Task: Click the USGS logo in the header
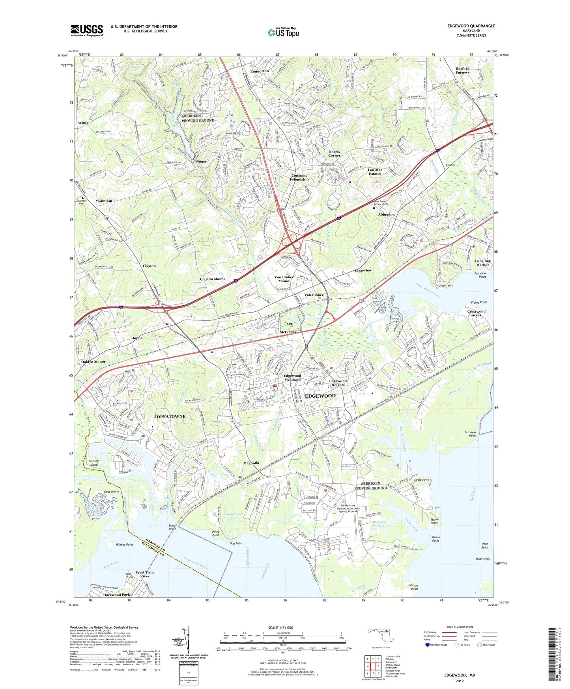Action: (x=87, y=30)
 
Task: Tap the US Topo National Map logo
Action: (x=283, y=32)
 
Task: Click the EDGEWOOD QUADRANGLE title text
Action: (x=471, y=26)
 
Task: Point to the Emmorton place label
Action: (x=259, y=71)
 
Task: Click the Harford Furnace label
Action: (x=462, y=70)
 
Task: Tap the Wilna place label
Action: (x=83, y=123)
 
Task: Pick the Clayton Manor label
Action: (x=213, y=279)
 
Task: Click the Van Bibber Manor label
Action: (x=284, y=279)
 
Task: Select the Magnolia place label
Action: (x=251, y=463)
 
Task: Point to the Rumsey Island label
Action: (x=93, y=462)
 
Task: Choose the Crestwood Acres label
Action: (x=476, y=313)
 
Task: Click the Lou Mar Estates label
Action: (x=374, y=172)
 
